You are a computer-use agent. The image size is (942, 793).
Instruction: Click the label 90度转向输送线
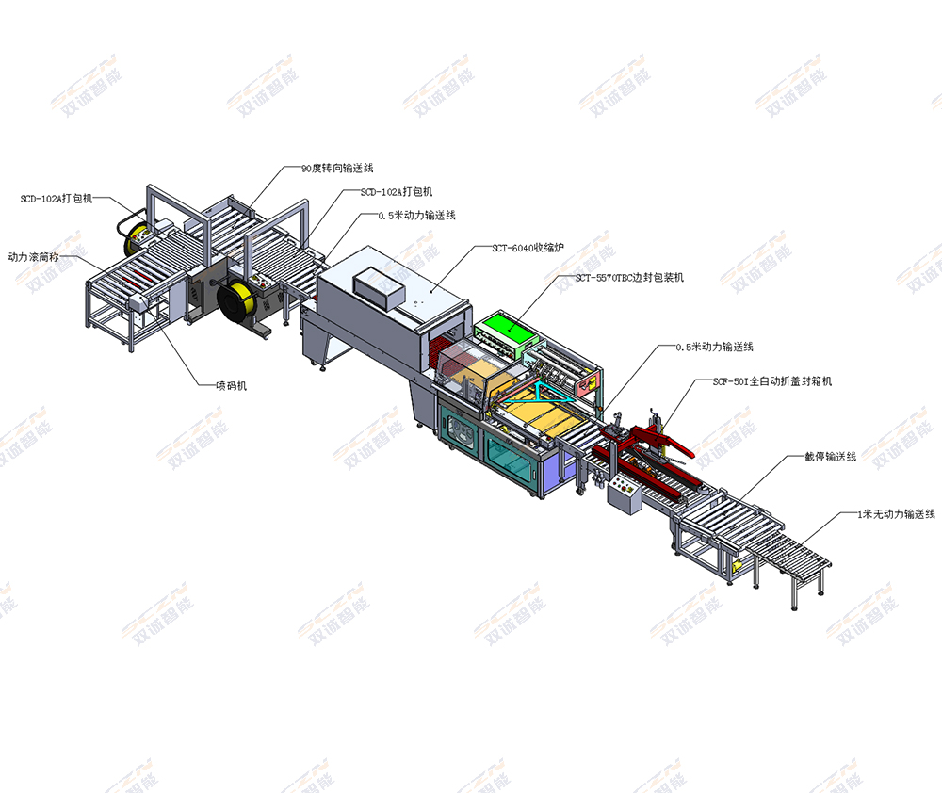(x=337, y=169)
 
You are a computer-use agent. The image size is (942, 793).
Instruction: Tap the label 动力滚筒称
(x=34, y=257)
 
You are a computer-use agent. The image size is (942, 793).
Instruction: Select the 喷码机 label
(x=232, y=386)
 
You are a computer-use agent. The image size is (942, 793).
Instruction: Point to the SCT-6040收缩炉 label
(x=528, y=248)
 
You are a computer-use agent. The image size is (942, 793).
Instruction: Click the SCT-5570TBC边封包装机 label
(x=629, y=278)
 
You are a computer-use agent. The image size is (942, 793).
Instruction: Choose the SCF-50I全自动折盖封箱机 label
(x=772, y=381)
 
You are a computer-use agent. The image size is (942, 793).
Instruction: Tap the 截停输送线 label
(x=830, y=457)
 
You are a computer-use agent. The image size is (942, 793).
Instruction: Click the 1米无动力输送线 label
(x=896, y=514)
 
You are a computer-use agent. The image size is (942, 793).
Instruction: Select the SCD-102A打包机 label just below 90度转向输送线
(x=397, y=191)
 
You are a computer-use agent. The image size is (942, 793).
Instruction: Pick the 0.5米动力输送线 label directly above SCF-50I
(x=714, y=347)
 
